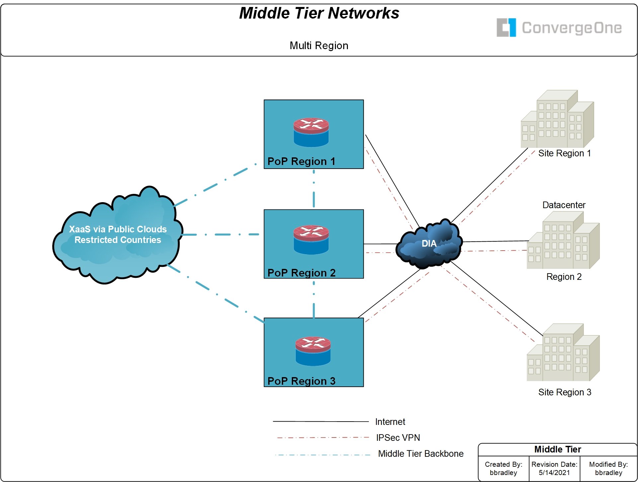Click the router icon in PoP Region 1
[x=311, y=132]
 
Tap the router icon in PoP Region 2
[x=311, y=240]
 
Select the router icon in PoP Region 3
[x=313, y=351]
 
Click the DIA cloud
[x=429, y=244]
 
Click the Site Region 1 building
[x=557, y=119]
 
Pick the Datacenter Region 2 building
[x=563, y=240]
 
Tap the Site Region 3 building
[x=563, y=353]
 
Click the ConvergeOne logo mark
[x=506, y=28]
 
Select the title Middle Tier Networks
[x=319, y=14]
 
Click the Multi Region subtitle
[x=319, y=45]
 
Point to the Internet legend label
[x=390, y=422]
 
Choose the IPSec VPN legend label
[x=398, y=438]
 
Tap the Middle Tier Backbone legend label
[x=421, y=454]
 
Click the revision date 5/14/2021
[x=554, y=472]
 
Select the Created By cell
[x=503, y=468]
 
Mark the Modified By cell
[x=608, y=468]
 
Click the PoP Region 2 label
[x=301, y=273]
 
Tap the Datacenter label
[x=564, y=205]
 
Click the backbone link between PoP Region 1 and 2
[x=314, y=189]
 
